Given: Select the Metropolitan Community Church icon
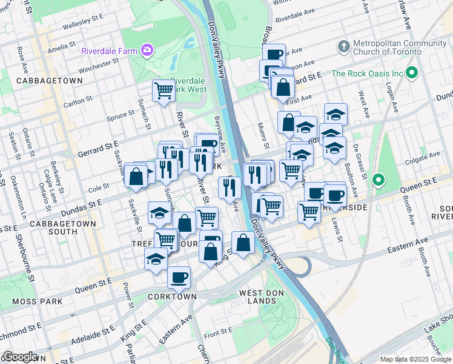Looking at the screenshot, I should (343, 47).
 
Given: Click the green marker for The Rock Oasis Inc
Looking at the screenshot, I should (412, 74).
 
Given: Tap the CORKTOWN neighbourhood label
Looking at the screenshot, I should (172, 297).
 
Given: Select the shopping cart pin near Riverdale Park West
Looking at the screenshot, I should (163, 92).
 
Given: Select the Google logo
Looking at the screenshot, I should (20, 357).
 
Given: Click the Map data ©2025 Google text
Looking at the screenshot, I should (415, 359).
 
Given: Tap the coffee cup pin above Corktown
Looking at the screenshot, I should (178, 277).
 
